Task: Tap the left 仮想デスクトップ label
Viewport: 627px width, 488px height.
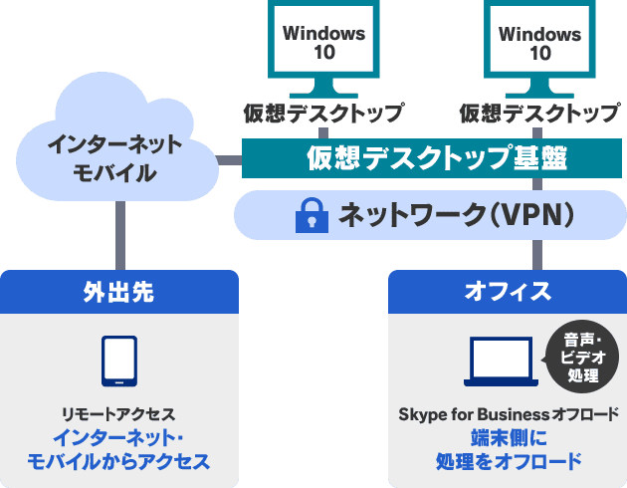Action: coord(323,112)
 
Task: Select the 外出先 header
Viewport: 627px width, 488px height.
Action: coord(118,291)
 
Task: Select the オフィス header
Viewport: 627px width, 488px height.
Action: coord(507,291)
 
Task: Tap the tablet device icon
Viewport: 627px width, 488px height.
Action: coord(119,362)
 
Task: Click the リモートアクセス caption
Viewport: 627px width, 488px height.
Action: coord(119,412)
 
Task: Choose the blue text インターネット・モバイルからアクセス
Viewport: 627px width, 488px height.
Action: coord(119,449)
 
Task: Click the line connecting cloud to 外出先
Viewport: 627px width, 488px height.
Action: coord(118,234)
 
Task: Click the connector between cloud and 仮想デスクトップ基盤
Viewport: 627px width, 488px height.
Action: coord(230,157)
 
